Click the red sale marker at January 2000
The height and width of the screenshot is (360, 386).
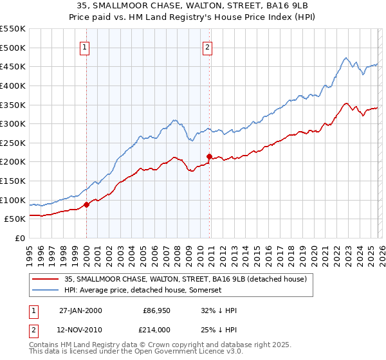(87, 204)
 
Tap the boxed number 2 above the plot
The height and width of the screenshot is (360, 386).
(208, 46)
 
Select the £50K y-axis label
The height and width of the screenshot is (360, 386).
(15, 219)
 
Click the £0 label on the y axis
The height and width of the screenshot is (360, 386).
(21, 238)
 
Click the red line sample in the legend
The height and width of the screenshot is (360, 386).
(46, 279)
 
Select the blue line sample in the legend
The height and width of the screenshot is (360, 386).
(46, 291)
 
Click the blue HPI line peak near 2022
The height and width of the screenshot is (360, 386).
(345, 58)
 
